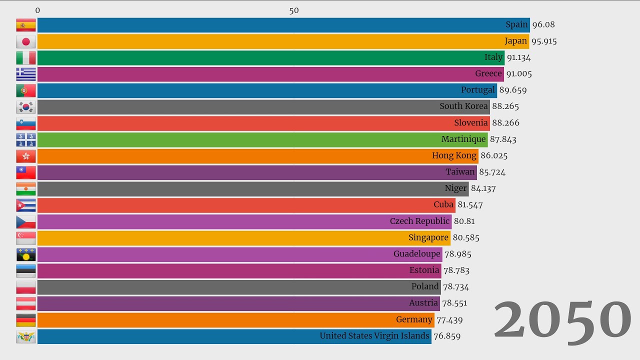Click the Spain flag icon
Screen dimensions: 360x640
pos(26,25)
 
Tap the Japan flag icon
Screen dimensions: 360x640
pos(26,41)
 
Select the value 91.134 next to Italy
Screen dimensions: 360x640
pos(518,57)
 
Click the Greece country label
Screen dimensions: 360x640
pos(488,74)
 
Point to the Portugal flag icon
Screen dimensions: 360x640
pos(26,90)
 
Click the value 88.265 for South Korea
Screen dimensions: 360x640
pos(505,106)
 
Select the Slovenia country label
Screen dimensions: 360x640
pos(470,123)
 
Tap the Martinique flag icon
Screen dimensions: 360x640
pos(26,139)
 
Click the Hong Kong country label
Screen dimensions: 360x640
pos(454,155)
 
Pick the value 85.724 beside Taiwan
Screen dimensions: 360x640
pos(492,172)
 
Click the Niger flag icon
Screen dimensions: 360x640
pos(26,188)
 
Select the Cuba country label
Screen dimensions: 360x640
pos(443,204)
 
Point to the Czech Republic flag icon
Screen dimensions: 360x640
pos(26,221)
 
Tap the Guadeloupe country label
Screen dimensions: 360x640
pos(417,254)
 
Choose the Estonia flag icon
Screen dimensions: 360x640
pos(26,270)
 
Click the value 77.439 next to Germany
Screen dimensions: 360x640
pos(449,319)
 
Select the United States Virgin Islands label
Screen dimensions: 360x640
pos(374,336)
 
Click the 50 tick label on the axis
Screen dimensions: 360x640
pos(294,10)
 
